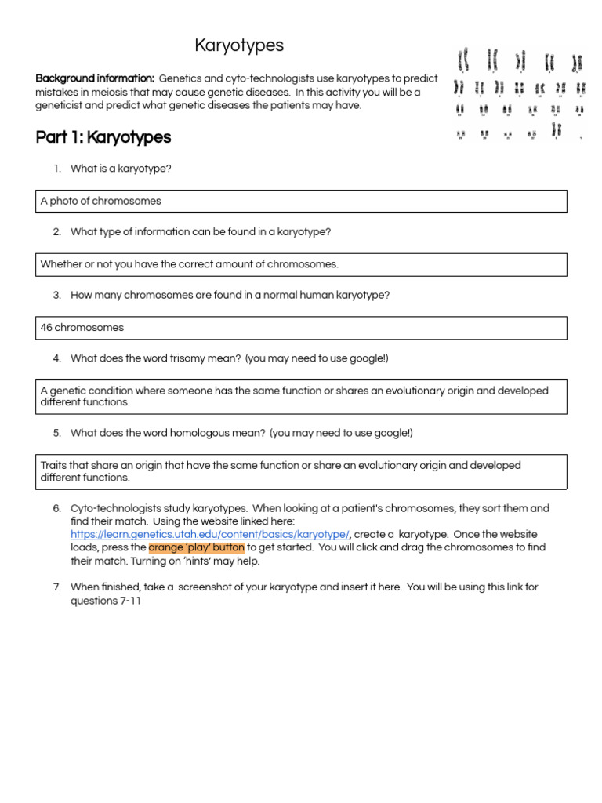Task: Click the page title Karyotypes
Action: (239, 46)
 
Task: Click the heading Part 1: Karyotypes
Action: (103, 138)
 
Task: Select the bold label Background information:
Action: (95, 78)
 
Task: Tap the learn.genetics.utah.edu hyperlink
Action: (210, 534)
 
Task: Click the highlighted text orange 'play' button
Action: (196, 547)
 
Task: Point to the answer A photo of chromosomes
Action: (101, 201)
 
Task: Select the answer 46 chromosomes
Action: (82, 327)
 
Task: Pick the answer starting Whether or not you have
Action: (190, 264)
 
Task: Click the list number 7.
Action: (57, 587)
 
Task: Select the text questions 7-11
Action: (106, 600)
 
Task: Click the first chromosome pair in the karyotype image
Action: (463, 59)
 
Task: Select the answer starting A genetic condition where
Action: (294, 396)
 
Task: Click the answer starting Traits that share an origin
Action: (280, 471)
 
